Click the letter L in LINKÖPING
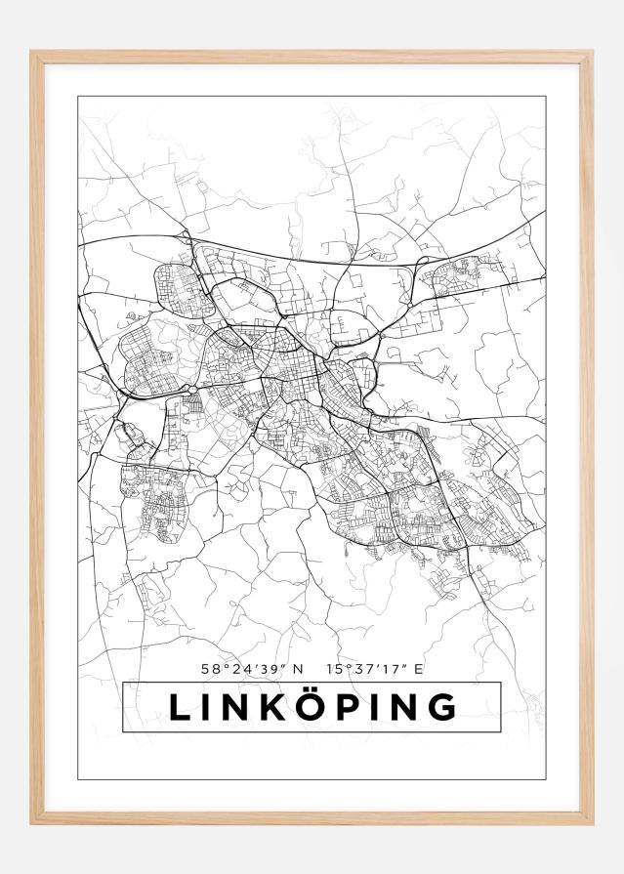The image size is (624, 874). (x=181, y=707)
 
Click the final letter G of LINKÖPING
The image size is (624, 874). (x=442, y=707)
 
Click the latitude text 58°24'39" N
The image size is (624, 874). (x=252, y=669)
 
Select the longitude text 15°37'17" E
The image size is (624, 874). (x=376, y=669)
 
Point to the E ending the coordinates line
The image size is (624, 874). (x=419, y=669)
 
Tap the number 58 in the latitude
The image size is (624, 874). (x=209, y=669)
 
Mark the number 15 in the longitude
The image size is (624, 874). (x=334, y=669)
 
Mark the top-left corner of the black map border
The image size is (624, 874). (x=78, y=97)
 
